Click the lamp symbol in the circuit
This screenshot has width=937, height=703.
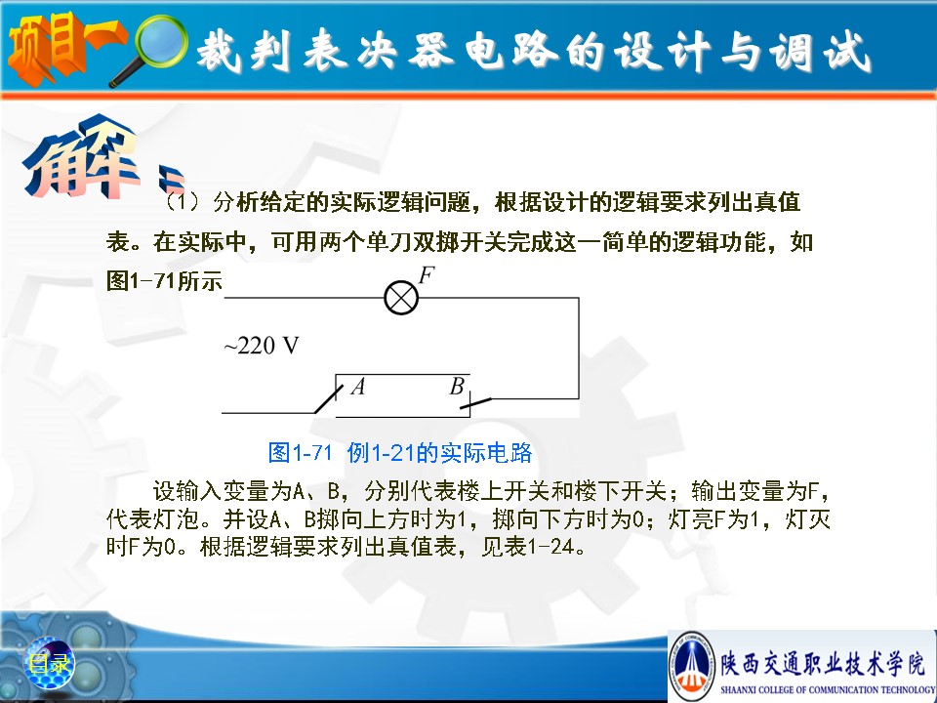[x=401, y=297]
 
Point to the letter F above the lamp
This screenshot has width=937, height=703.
[x=427, y=275]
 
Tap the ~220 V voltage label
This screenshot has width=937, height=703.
[x=262, y=346]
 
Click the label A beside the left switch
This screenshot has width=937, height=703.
[x=358, y=387]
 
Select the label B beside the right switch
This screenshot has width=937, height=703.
[x=457, y=387]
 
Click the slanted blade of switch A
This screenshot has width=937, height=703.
[x=329, y=399]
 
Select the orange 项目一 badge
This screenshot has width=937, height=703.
[x=64, y=48]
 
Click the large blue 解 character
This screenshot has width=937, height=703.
[x=81, y=156]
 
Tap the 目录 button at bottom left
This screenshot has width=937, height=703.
[x=49, y=663]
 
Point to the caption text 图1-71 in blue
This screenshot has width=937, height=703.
[x=300, y=452]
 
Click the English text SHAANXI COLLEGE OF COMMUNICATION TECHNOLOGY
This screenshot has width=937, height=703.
[x=827, y=690]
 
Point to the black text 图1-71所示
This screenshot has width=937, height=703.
[x=164, y=280]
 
